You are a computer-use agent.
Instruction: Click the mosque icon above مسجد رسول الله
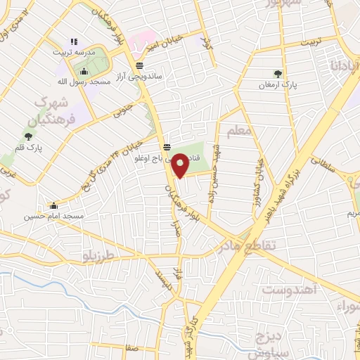coord(84,71)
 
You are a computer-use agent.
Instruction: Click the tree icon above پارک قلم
coord(28,136)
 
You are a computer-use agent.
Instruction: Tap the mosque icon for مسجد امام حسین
coord(53,205)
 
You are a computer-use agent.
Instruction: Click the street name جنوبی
coord(122,110)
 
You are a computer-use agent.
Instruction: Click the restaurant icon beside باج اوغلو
coord(167,147)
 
